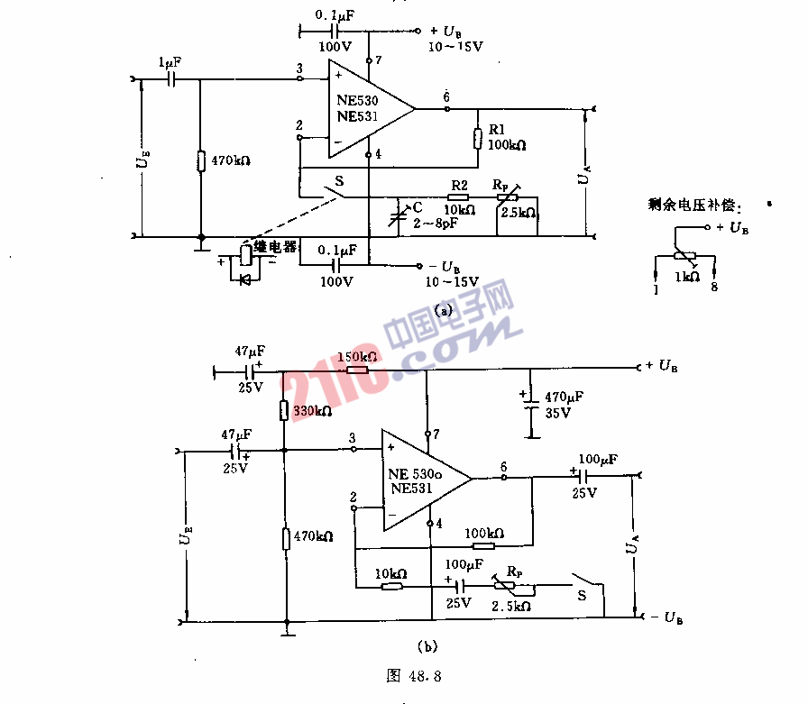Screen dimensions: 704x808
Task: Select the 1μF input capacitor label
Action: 170,64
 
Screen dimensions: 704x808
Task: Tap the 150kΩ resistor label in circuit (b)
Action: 356,358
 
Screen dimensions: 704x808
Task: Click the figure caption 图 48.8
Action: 412,673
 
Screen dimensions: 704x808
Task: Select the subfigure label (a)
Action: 442,309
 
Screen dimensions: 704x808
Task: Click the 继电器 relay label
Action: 275,246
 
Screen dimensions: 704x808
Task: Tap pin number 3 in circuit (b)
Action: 352,438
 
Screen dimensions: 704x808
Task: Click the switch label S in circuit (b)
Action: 582,594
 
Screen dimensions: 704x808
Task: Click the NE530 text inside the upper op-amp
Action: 357,102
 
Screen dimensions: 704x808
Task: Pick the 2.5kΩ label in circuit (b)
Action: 511,606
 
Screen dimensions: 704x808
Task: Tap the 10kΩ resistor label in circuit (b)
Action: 390,574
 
